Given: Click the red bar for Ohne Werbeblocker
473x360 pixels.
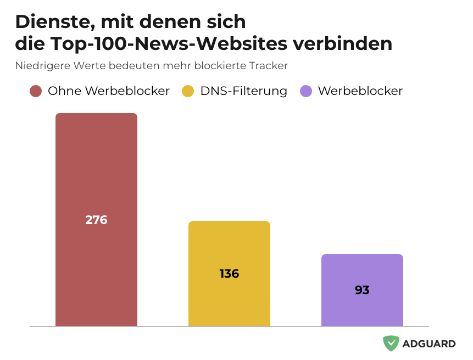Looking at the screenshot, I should coord(96,165).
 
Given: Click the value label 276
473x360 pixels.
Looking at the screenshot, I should coord(96,220).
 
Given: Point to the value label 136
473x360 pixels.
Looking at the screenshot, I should coord(229,273).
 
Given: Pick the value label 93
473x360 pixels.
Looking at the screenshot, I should coord(362,290).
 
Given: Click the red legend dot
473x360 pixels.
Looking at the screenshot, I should coord(36,91).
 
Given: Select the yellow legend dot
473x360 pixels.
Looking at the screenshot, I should coord(188,91).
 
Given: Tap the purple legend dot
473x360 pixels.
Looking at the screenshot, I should coord(306,91).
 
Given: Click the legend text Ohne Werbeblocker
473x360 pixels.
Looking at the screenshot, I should coord(109,91).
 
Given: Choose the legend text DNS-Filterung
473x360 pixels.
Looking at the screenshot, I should coord(243,91).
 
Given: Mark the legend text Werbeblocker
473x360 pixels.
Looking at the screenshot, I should coord(360,91).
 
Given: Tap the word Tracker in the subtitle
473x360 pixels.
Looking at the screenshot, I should coord(268,66).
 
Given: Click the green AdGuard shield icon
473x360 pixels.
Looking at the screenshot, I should coord(391,344).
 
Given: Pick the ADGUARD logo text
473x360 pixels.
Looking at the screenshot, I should coord(429,344).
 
